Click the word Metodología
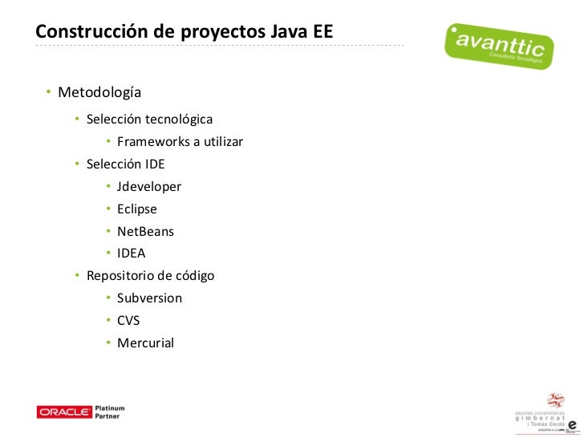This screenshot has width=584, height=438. (x=99, y=93)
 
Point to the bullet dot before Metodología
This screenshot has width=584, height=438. (x=48, y=93)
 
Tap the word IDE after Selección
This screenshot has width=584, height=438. (x=155, y=164)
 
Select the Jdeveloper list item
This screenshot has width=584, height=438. (x=149, y=187)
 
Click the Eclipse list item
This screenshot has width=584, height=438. (x=137, y=209)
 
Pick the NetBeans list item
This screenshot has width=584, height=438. (x=145, y=232)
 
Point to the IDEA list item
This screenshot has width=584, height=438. (x=132, y=253)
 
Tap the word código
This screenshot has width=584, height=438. (x=195, y=276)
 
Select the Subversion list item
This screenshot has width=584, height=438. (x=149, y=298)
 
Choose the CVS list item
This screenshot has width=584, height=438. (x=128, y=321)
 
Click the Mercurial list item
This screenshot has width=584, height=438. (x=145, y=343)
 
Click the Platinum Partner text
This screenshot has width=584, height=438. (x=111, y=412)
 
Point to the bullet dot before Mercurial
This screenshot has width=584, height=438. (x=107, y=343)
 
